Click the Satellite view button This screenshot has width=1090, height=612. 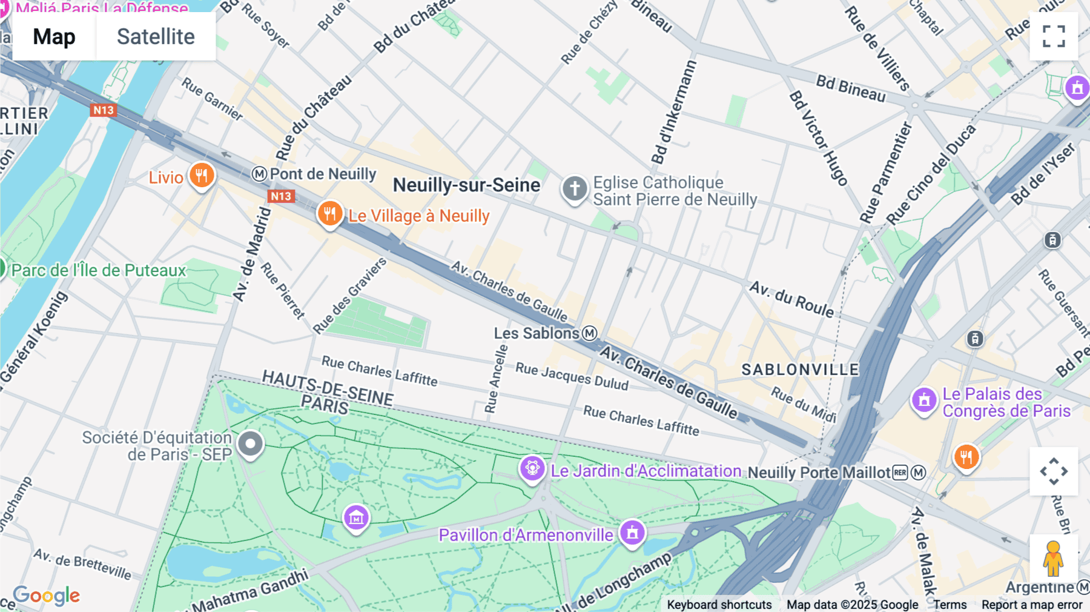point(156,36)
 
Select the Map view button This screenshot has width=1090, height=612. point(54,36)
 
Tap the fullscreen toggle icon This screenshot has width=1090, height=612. point(1054,36)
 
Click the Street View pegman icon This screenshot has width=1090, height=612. point(1053,559)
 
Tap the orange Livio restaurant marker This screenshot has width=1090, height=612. point(202,176)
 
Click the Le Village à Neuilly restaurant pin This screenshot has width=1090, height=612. point(330,214)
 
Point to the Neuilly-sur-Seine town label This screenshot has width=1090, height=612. point(466,185)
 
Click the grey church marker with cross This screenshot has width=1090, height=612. point(574,188)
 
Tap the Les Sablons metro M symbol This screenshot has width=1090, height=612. point(589,333)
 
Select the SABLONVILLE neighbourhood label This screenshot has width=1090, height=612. point(800,370)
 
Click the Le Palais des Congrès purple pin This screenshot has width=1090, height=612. point(924,400)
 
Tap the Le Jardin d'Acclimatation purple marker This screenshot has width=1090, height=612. point(532,468)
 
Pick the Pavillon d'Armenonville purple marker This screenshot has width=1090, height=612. point(632,533)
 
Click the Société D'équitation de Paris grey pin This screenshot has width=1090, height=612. point(250,444)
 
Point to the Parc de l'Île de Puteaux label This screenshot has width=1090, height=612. point(99,270)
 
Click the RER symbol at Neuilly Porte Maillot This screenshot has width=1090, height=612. point(900,473)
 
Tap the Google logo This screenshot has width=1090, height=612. point(47,596)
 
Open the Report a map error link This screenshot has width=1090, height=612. point(1032,605)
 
